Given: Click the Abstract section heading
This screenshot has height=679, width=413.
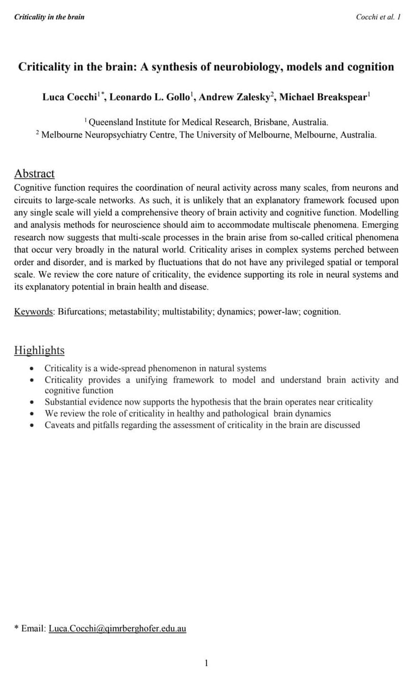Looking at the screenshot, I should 34,174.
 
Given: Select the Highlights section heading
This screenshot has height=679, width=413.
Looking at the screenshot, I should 39,350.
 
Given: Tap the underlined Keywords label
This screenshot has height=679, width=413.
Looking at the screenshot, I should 33,312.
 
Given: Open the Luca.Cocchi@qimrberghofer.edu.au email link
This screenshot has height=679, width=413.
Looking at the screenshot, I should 117,628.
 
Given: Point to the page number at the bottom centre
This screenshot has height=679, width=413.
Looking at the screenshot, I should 206,663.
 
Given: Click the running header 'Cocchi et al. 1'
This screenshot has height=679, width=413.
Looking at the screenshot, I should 378,17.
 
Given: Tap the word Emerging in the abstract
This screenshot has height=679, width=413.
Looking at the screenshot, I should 379,225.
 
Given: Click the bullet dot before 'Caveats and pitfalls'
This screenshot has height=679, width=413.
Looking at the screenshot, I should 32,425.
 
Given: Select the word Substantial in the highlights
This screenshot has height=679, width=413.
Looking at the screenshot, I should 64,402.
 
